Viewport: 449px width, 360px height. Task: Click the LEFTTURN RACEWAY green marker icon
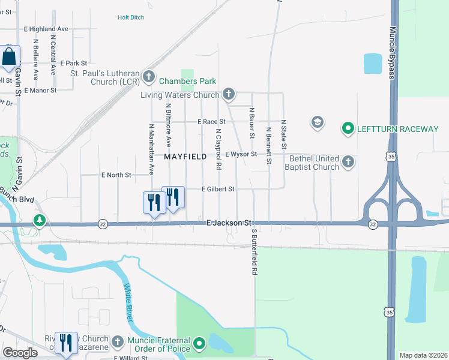348,128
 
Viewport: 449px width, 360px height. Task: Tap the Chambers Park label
188,82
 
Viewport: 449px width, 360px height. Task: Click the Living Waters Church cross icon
228,94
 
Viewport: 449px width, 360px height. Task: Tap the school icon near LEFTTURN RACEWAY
317,123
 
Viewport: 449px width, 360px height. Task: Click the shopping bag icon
10,58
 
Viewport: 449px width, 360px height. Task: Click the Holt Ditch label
131,18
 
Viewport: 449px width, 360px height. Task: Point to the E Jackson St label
228,223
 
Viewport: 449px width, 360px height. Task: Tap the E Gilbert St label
218,188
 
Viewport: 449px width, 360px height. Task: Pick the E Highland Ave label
46,29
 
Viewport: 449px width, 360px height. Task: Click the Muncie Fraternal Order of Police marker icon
200,344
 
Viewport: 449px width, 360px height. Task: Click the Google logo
20,353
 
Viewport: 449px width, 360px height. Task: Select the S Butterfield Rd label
255,252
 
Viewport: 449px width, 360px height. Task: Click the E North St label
116,175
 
